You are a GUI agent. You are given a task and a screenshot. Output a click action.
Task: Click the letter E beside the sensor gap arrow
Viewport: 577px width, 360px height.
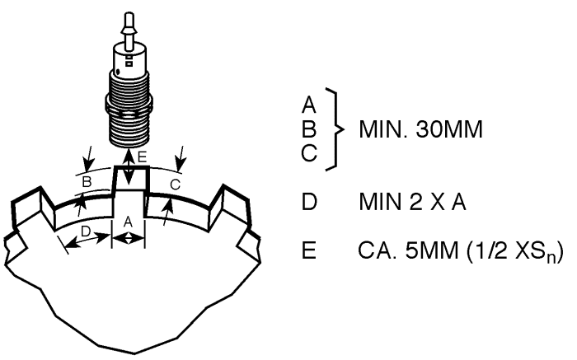click(x=142, y=157)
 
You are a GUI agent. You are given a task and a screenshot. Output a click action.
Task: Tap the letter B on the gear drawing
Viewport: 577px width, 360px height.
click(x=87, y=182)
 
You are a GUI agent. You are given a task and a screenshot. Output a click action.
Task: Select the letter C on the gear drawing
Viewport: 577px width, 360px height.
click(x=175, y=185)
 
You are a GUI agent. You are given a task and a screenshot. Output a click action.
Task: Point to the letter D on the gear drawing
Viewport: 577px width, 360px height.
click(x=86, y=231)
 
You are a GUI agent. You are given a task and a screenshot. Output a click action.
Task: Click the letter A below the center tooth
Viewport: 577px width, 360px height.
click(x=128, y=222)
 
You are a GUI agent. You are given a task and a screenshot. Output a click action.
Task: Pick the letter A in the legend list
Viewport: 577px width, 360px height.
click(x=309, y=105)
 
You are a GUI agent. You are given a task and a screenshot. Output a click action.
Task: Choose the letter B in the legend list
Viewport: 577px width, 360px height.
click(x=309, y=129)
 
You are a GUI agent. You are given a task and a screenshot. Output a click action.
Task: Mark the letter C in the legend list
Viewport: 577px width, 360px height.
click(x=309, y=153)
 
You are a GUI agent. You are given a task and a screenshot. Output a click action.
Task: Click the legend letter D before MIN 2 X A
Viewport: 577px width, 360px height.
click(x=309, y=202)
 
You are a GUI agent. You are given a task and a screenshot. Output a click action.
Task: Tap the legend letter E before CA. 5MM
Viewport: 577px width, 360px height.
click(x=309, y=250)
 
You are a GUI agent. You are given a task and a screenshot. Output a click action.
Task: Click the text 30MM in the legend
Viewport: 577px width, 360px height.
click(x=449, y=129)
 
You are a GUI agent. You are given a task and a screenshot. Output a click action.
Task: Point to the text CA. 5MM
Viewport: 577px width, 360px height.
click(x=408, y=250)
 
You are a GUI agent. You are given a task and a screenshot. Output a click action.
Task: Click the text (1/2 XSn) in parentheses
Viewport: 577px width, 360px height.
click(x=515, y=252)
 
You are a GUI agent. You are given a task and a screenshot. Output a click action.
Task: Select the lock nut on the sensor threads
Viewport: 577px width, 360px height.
click(x=129, y=104)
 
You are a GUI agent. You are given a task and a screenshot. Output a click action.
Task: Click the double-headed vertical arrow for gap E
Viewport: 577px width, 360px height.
click(x=128, y=166)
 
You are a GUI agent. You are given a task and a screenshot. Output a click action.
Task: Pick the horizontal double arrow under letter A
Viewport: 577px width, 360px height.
click(x=128, y=239)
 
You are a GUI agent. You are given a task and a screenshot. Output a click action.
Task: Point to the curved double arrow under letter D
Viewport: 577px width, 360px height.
click(x=87, y=241)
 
